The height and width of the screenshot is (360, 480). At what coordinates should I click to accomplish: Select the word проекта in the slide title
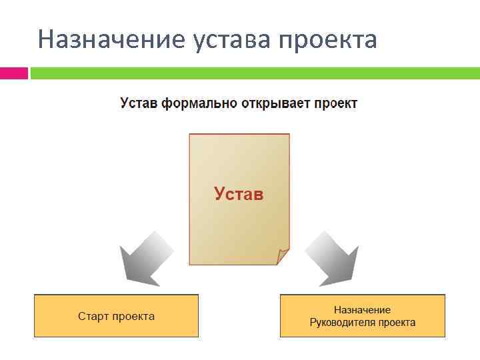pyautogui.click(x=327, y=40)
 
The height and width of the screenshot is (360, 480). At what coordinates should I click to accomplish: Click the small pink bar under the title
pyautogui.click(x=13, y=73)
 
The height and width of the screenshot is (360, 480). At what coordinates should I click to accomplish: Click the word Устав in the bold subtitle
pyautogui.click(x=138, y=104)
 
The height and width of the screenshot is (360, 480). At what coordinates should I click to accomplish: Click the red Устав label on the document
pyautogui.click(x=239, y=194)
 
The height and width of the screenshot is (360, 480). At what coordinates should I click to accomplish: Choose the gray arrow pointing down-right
pyautogui.click(x=331, y=256)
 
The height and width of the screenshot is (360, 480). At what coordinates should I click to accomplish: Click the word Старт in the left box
pyautogui.click(x=93, y=316)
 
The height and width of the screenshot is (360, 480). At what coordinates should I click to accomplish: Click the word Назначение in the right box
pyautogui.click(x=362, y=310)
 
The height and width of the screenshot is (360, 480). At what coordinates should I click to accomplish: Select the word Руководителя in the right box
pyautogui.click(x=342, y=323)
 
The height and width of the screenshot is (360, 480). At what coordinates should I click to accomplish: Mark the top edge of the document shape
pyautogui.click(x=239, y=134)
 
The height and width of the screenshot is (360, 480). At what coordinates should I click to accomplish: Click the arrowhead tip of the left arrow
pyautogui.click(x=123, y=283)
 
